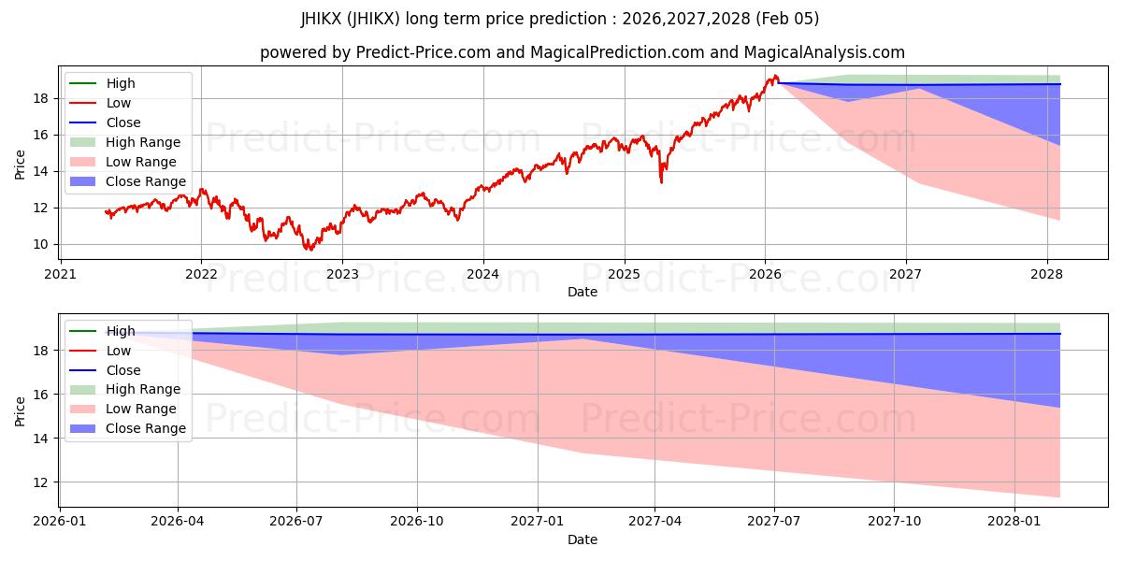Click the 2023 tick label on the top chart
(342, 274)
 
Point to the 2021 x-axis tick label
(61, 274)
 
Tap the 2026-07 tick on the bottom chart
(296, 521)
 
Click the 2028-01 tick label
(1014, 521)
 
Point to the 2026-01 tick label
(60, 521)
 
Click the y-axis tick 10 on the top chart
(39, 245)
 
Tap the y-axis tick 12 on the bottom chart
(39, 482)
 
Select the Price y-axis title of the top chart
(21, 165)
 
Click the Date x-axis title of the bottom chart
(582, 539)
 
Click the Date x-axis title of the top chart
(582, 293)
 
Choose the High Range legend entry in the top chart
(143, 142)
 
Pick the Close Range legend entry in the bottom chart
(145, 428)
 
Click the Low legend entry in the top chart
(119, 103)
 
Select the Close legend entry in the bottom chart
(123, 370)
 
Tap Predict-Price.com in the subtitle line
(424, 53)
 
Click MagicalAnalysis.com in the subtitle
(822, 53)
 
